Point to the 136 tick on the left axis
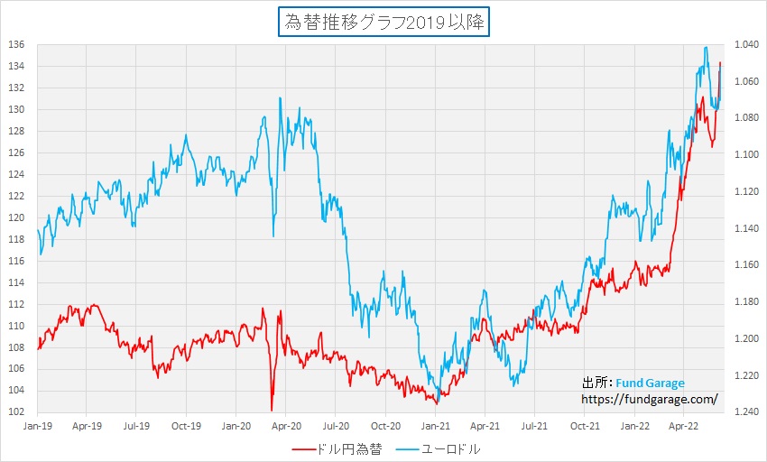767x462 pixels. click(x=17, y=44)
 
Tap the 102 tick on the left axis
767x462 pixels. click(x=17, y=412)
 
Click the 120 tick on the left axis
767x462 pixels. click(x=17, y=217)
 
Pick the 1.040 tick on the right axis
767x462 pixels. click(x=746, y=44)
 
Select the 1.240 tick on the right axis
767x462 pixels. click(x=746, y=412)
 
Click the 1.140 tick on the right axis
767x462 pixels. click(x=746, y=228)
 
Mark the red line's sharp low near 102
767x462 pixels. click(x=272, y=410)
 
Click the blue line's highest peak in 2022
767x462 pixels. click(x=706, y=48)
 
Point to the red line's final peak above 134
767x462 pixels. click(x=720, y=62)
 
